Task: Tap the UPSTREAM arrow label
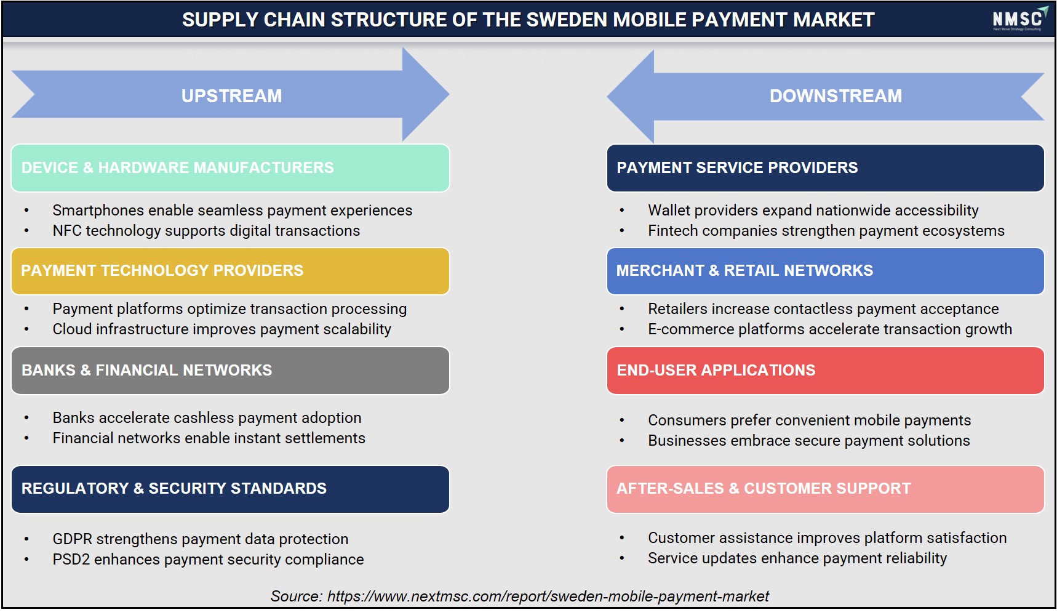[x=231, y=96]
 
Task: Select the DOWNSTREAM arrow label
[x=836, y=96]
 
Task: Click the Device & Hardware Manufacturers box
[x=230, y=168]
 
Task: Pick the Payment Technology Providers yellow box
[x=230, y=271]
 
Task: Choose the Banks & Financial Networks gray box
[x=230, y=371]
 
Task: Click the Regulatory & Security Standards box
[x=230, y=489]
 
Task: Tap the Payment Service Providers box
[x=825, y=168]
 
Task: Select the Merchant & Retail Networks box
[x=825, y=271]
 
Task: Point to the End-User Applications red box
[x=825, y=371]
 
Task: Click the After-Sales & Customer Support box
[x=825, y=489]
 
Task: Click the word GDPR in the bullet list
[x=72, y=539]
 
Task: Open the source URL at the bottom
[x=548, y=597]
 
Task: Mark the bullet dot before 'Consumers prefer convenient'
[x=622, y=420]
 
